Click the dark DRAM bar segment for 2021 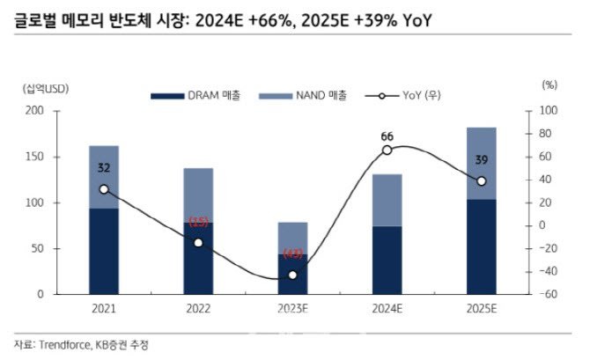[x=104, y=251]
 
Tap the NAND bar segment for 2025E [x=482, y=163]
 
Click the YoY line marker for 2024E [x=387, y=151]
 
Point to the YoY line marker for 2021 [x=104, y=189]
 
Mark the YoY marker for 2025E [x=482, y=181]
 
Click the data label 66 [x=387, y=136]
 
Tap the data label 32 [x=104, y=168]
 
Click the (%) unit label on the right [x=550, y=86]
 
